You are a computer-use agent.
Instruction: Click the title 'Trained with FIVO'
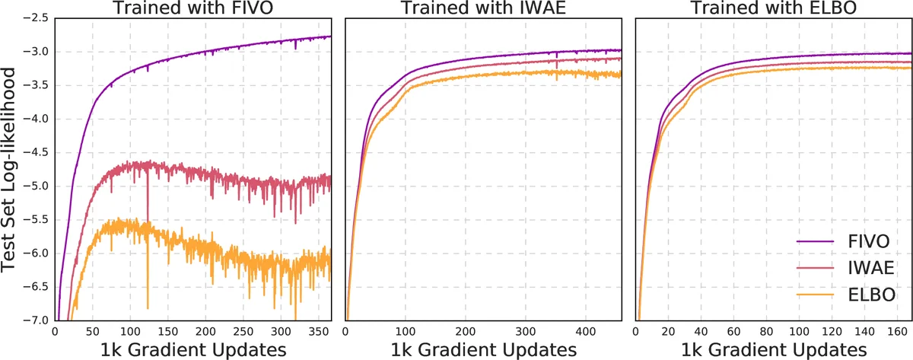click(193, 8)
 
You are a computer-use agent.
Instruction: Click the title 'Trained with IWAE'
click(483, 8)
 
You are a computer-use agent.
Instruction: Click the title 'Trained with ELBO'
click(773, 8)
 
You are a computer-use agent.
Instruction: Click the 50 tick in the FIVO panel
click(92, 332)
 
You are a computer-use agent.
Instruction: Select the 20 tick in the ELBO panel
click(669, 332)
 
